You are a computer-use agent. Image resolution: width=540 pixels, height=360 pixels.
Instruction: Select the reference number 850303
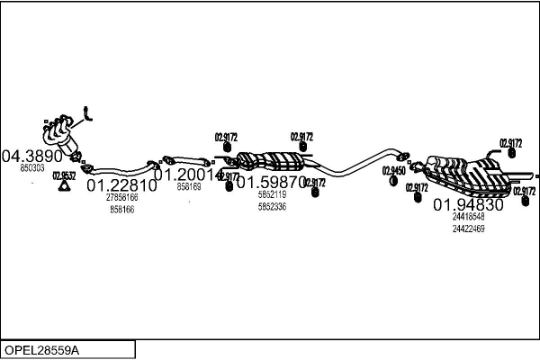tap(32, 168)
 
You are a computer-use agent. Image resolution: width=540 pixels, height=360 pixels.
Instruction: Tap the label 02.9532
tap(65, 176)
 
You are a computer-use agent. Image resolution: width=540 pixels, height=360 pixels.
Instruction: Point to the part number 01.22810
tap(121, 185)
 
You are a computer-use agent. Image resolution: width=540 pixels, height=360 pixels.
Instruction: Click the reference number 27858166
tap(121, 197)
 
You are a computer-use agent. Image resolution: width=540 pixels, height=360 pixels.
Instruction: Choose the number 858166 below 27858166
tap(121, 209)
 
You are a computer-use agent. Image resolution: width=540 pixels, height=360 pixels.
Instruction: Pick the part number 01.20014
tap(188, 175)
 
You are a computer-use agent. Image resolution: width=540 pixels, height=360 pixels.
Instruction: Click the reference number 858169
tap(189, 187)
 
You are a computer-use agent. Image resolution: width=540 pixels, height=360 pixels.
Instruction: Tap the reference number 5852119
tap(272, 194)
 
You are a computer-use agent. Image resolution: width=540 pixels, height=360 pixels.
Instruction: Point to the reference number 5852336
tap(272, 207)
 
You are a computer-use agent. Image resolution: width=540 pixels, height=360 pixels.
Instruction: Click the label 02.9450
tap(393, 170)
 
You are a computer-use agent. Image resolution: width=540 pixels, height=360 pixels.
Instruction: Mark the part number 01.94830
tap(468, 204)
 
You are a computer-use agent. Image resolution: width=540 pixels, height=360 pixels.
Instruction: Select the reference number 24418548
tap(468, 217)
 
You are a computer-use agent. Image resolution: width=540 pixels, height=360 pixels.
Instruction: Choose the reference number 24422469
tap(468, 229)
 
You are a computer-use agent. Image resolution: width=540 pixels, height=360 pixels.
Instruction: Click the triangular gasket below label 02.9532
tap(65, 188)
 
